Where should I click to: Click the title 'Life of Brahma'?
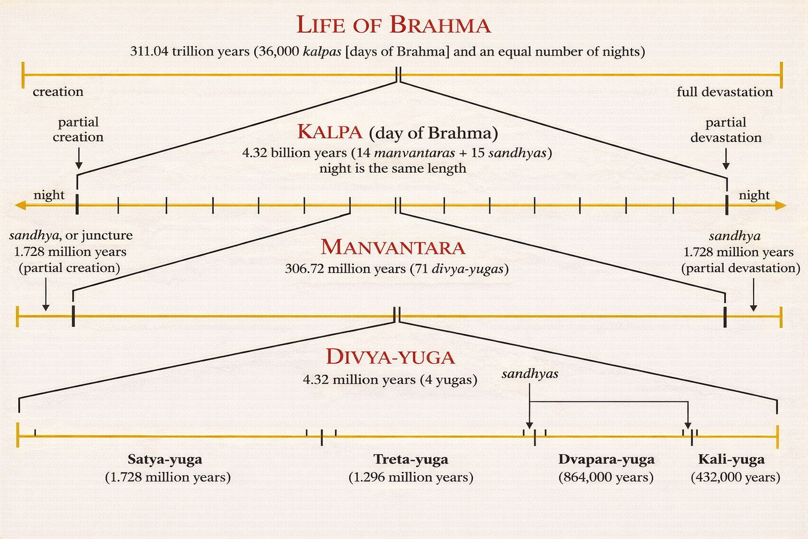[x=393, y=25]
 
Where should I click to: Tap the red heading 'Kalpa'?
[x=330, y=132]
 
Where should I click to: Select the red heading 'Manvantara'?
[x=393, y=247]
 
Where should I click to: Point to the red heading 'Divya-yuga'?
[x=390, y=357]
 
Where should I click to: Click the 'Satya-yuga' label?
[x=165, y=459]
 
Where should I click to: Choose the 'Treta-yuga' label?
[x=411, y=459]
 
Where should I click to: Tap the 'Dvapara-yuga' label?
[x=606, y=459]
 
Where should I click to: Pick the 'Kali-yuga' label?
[x=731, y=459]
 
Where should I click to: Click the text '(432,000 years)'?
[x=735, y=477]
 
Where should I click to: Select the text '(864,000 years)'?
[x=606, y=477]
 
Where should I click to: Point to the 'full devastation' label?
[x=724, y=92]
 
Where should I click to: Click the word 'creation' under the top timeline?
[x=58, y=92]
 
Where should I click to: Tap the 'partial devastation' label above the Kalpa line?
[x=726, y=130]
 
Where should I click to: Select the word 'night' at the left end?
[x=49, y=195]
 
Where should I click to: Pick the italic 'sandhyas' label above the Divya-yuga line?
[x=529, y=374]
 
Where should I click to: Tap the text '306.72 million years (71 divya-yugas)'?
[x=396, y=269]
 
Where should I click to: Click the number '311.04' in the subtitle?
[x=149, y=52]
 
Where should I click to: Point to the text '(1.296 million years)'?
[x=411, y=477]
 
